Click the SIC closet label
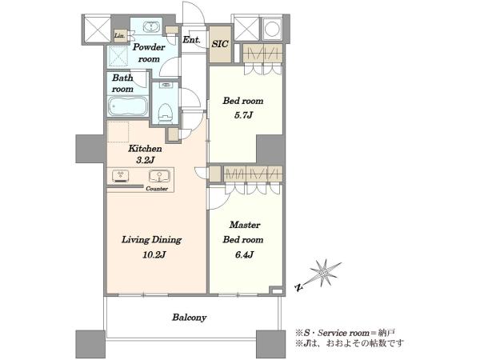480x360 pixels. [x=220, y=44]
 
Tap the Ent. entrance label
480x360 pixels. [x=192, y=39]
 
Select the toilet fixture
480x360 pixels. [x=166, y=114]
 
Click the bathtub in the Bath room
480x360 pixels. [x=128, y=106]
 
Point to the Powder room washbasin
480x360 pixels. [x=151, y=26]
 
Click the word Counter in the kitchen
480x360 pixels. [x=157, y=189]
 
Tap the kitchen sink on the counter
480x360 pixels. [x=159, y=176]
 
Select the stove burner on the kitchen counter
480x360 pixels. [x=121, y=176]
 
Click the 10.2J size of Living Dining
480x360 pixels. [x=154, y=254]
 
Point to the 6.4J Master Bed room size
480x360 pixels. [x=244, y=254]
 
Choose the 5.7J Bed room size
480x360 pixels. [x=243, y=115]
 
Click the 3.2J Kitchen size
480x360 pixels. [x=145, y=160]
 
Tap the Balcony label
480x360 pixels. [x=189, y=318]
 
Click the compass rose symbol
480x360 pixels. [x=325, y=273]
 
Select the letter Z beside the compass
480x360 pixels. [x=298, y=287]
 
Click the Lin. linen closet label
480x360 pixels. [x=119, y=35]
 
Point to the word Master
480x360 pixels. [x=245, y=225]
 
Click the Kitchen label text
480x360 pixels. [x=145, y=149]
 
